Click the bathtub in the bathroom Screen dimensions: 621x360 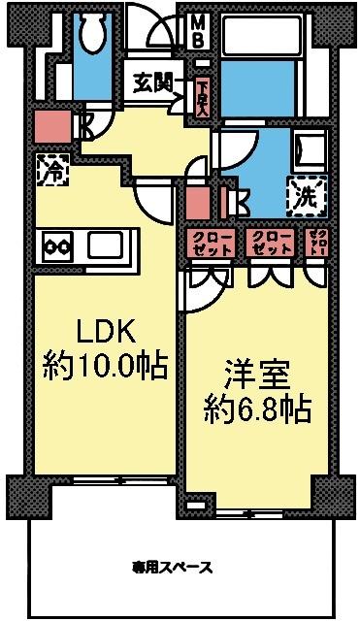point(265,39)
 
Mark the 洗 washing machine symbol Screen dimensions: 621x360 point(306,195)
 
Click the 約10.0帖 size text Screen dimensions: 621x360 point(105,367)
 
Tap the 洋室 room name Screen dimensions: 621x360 point(249,374)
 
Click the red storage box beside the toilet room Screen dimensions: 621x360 point(49,126)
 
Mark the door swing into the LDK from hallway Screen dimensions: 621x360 point(150,199)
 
